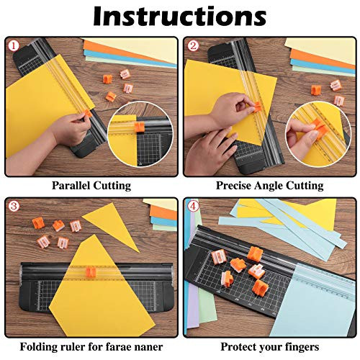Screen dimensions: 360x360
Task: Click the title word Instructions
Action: tap(180, 17)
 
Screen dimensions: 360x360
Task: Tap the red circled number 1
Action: tap(13, 46)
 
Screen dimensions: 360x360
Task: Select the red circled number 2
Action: tap(193, 46)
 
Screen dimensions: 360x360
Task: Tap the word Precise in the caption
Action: tap(236, 186)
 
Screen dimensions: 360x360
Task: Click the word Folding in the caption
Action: tap(40, 346)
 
